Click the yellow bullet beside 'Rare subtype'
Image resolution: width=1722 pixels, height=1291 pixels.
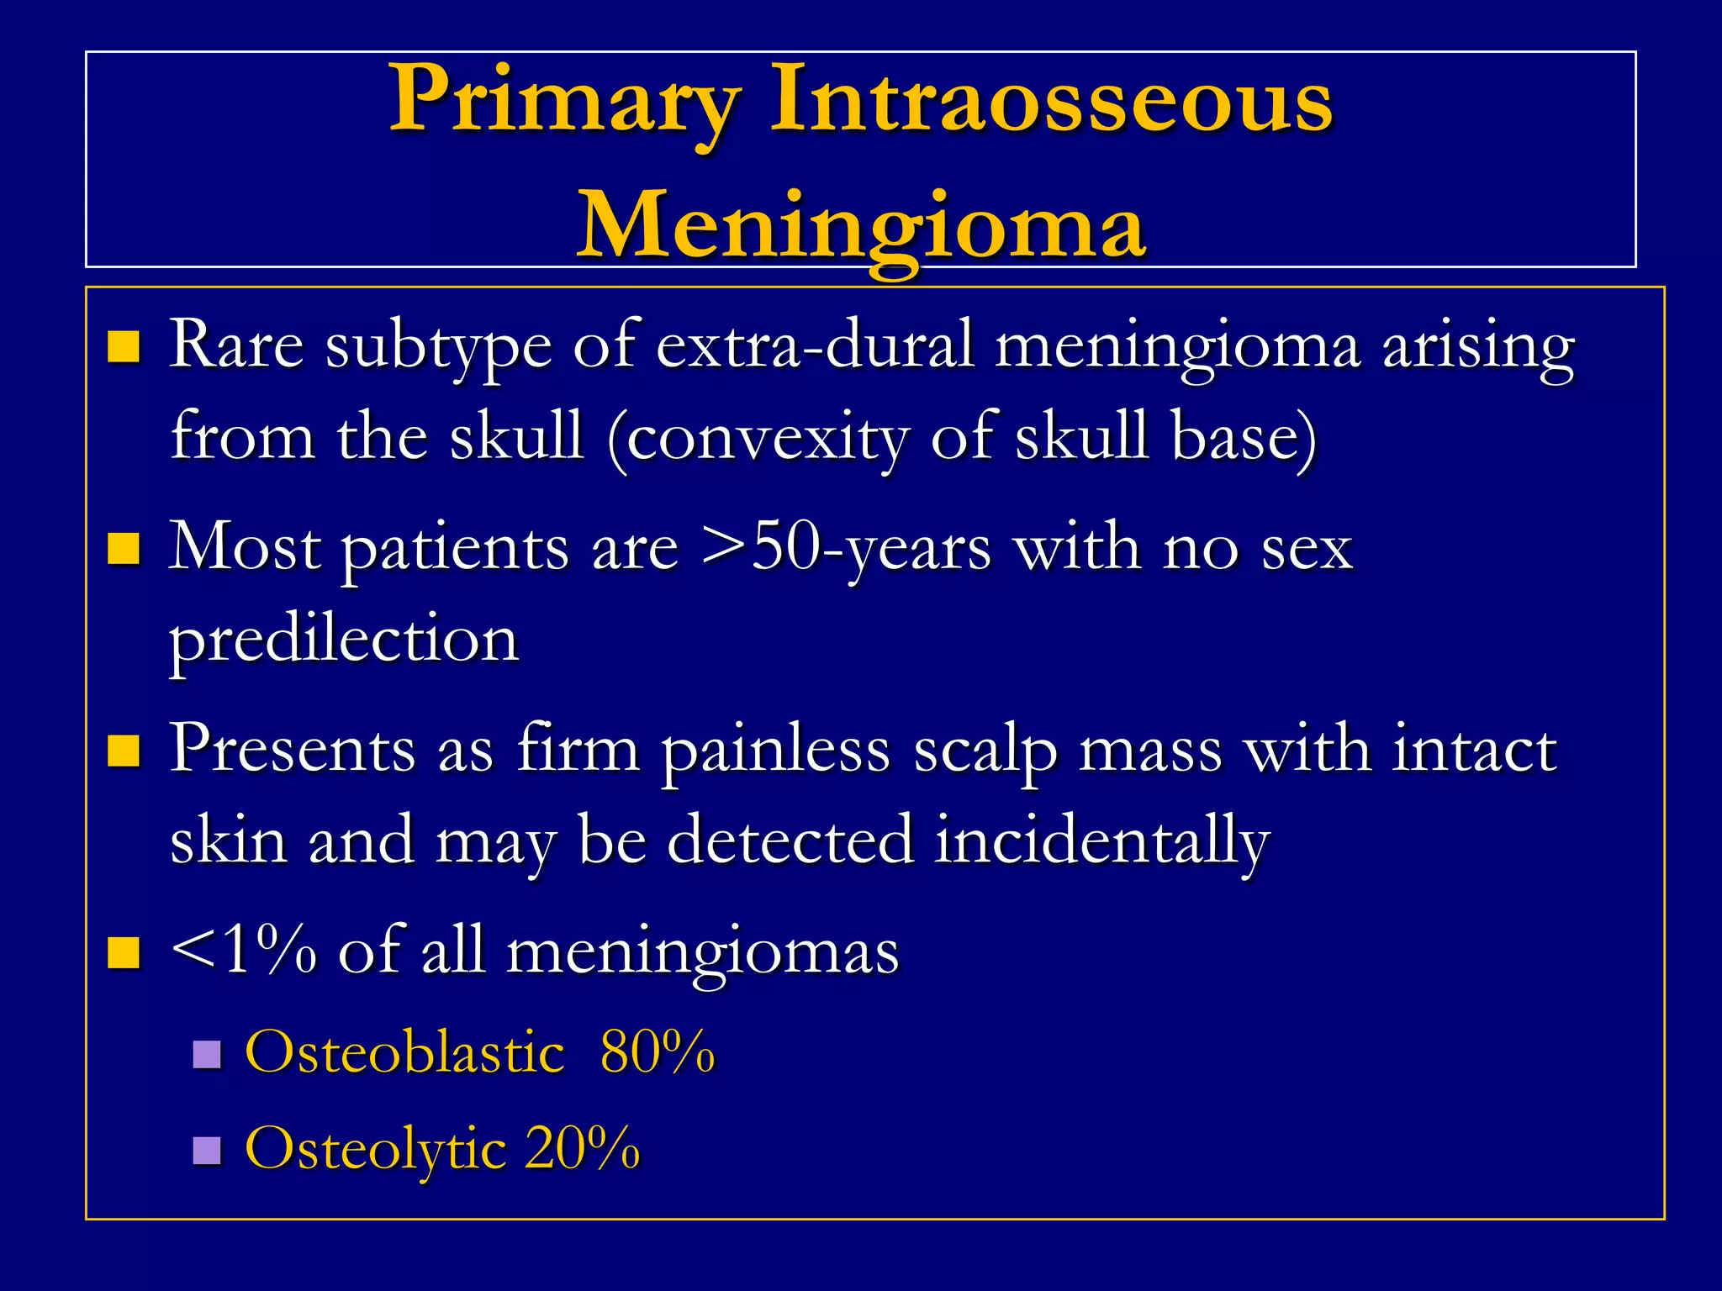click(x=124, y=346)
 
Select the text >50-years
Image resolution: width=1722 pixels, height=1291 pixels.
click(x=846, y=548)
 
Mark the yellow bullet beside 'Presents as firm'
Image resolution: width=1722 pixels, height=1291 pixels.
click(x=124, y=751)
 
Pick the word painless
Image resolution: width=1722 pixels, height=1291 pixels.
click(x=774, y=751)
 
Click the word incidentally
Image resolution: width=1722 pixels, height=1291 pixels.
click(x=1101, y=840)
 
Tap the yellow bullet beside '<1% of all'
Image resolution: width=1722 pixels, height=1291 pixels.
click(x=124, y=953)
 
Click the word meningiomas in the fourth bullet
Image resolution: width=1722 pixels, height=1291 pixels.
click(x=703, y=953)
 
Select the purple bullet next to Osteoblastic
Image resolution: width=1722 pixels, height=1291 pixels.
click(x=206, y=1053)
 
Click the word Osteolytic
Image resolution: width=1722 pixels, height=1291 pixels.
click(x=375, y=1149)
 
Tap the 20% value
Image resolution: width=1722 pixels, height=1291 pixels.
click(x=582, y=1147)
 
